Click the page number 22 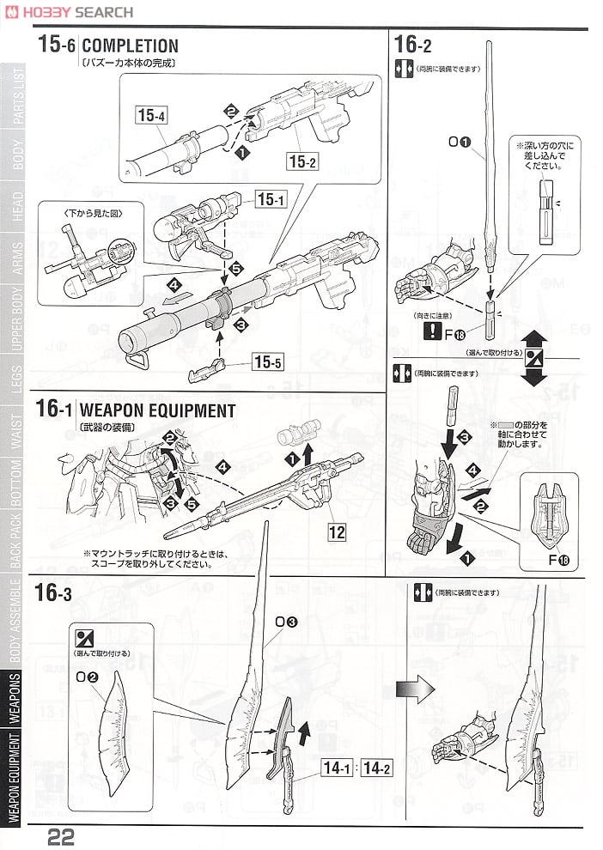pyautogui.click(x=62, y=835)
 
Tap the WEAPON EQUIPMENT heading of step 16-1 pyautogui.click(x=158, y=410)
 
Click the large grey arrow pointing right pyautogui.click(x=411, y=689)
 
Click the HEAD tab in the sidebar pyautogui.click(x=18, y=211)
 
